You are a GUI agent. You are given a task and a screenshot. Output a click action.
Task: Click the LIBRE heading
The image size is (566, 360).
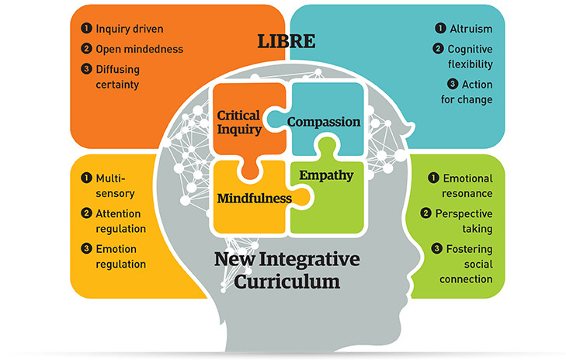pos(283,41)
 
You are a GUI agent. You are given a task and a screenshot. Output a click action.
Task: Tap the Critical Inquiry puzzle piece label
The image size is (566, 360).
pos(239,123)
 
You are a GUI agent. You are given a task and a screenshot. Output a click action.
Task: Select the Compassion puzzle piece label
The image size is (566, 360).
pos(324,122)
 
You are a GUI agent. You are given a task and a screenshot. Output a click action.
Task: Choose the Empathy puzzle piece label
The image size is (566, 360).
pos(327,175)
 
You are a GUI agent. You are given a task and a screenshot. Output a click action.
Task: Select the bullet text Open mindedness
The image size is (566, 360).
pos(140,49)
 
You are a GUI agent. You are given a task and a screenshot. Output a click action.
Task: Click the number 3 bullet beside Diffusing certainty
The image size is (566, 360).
pos(87,67)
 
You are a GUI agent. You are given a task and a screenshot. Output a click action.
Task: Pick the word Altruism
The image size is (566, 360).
pos(471,29)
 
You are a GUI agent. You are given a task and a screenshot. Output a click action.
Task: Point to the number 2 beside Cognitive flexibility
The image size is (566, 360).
pos(440,49)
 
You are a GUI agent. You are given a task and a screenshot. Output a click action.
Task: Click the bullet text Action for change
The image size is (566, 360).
pos(471,92)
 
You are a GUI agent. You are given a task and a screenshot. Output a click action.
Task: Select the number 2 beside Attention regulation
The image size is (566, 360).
pos(86,213)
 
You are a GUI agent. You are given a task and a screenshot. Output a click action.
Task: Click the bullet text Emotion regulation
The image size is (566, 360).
pos(121,256)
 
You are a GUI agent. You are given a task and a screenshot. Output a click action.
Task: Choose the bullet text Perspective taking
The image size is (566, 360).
pos(464,221)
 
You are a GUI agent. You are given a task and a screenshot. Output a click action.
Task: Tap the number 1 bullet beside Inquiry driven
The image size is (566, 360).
pos(87,29)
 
